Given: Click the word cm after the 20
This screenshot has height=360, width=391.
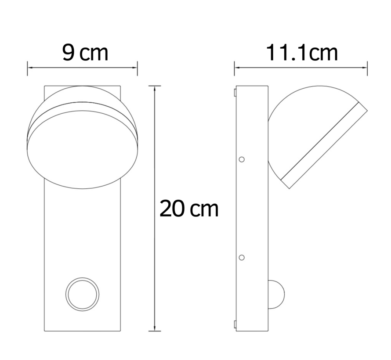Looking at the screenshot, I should point(205,210).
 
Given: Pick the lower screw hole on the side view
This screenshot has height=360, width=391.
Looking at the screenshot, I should point(241,257).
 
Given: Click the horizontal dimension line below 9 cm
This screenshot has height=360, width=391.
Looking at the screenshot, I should point(83,68).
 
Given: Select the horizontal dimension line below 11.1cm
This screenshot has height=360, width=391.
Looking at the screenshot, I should point(300,68).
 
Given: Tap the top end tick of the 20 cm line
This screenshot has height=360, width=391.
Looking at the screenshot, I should point(155,86).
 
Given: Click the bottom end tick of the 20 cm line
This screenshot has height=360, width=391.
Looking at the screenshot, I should point(155,331).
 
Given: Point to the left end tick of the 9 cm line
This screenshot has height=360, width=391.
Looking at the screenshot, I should point(28,68).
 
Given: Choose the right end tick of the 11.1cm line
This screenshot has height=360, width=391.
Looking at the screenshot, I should point(367,68).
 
